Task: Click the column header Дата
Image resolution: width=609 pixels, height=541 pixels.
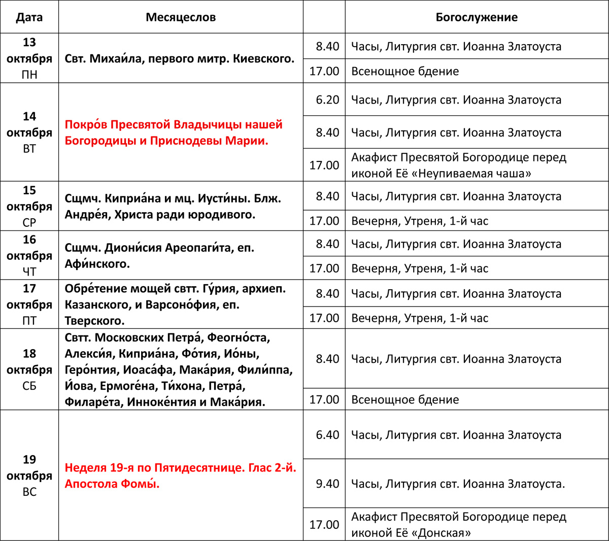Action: tap(29, 17)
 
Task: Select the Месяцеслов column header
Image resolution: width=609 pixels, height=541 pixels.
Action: tap(181, 17)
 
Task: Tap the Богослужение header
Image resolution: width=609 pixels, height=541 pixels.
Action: tap(477, 17)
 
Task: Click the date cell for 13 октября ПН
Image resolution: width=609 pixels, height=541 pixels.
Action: tap(29, 58)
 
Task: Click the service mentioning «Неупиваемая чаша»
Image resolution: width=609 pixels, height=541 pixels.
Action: tap(459, 165)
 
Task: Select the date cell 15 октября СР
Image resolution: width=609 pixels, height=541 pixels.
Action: tap(29, 206)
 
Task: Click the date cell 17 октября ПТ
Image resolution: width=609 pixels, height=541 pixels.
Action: tap(29, 305)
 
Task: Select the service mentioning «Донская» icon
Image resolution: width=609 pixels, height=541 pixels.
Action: tap(459, 525)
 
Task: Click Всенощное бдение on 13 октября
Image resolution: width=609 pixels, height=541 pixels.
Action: tap(405, 71)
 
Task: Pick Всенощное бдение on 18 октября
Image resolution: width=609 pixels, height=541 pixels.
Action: tap(405, 399)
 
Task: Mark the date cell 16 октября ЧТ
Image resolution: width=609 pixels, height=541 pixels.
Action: tap(29, 255)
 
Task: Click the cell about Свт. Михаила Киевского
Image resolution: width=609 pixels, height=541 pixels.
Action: tap(180, 59)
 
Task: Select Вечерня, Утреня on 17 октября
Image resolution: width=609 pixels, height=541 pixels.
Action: tap(420, 318)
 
